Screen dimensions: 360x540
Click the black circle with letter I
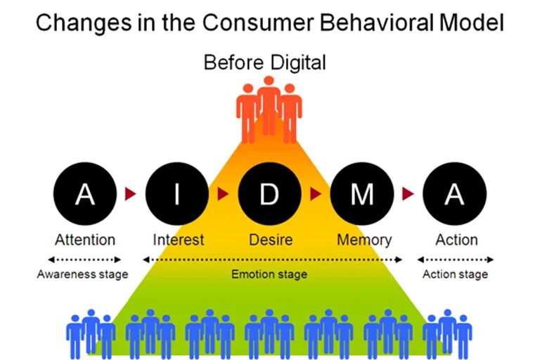point(177,193)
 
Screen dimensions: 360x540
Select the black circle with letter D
point(269,193)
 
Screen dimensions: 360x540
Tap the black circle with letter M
point(361,193)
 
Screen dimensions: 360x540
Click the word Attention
point(84,240)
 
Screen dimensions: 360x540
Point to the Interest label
point(179,240)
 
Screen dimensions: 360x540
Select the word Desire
point(271,240)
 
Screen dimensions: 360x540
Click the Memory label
point(364,240)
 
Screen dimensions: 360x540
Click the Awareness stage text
point(82,274)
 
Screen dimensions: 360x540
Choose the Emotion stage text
point(269,274)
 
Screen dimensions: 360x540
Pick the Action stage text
point(455,274)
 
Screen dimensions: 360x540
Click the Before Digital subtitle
point(264,63)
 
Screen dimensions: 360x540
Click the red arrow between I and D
point(224,193)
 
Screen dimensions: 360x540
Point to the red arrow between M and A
point(408,193)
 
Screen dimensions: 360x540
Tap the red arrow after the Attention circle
point(131,193)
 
